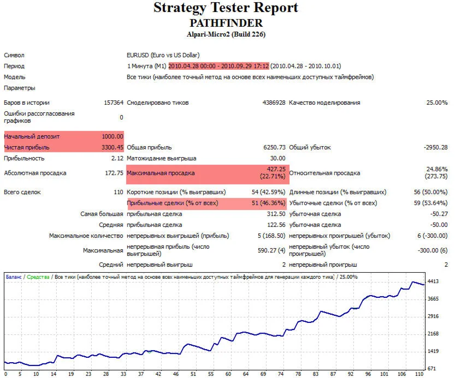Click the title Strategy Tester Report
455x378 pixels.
point(226,8)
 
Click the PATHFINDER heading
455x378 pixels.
point(226,23)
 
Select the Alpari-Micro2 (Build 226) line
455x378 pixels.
point(226,34)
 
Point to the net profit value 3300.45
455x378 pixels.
point(113,147)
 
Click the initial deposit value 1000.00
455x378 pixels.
point(113,136)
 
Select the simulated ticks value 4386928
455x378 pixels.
point(274,103)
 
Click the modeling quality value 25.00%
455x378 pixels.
point(437,103)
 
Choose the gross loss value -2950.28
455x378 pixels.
point(435,147)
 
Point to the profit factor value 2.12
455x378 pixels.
point(117,158)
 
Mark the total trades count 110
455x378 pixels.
point(118,192)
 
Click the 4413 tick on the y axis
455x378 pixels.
point(434,281)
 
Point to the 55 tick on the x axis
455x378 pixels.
point(211,374)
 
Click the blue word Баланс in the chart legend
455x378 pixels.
point(14,277)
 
